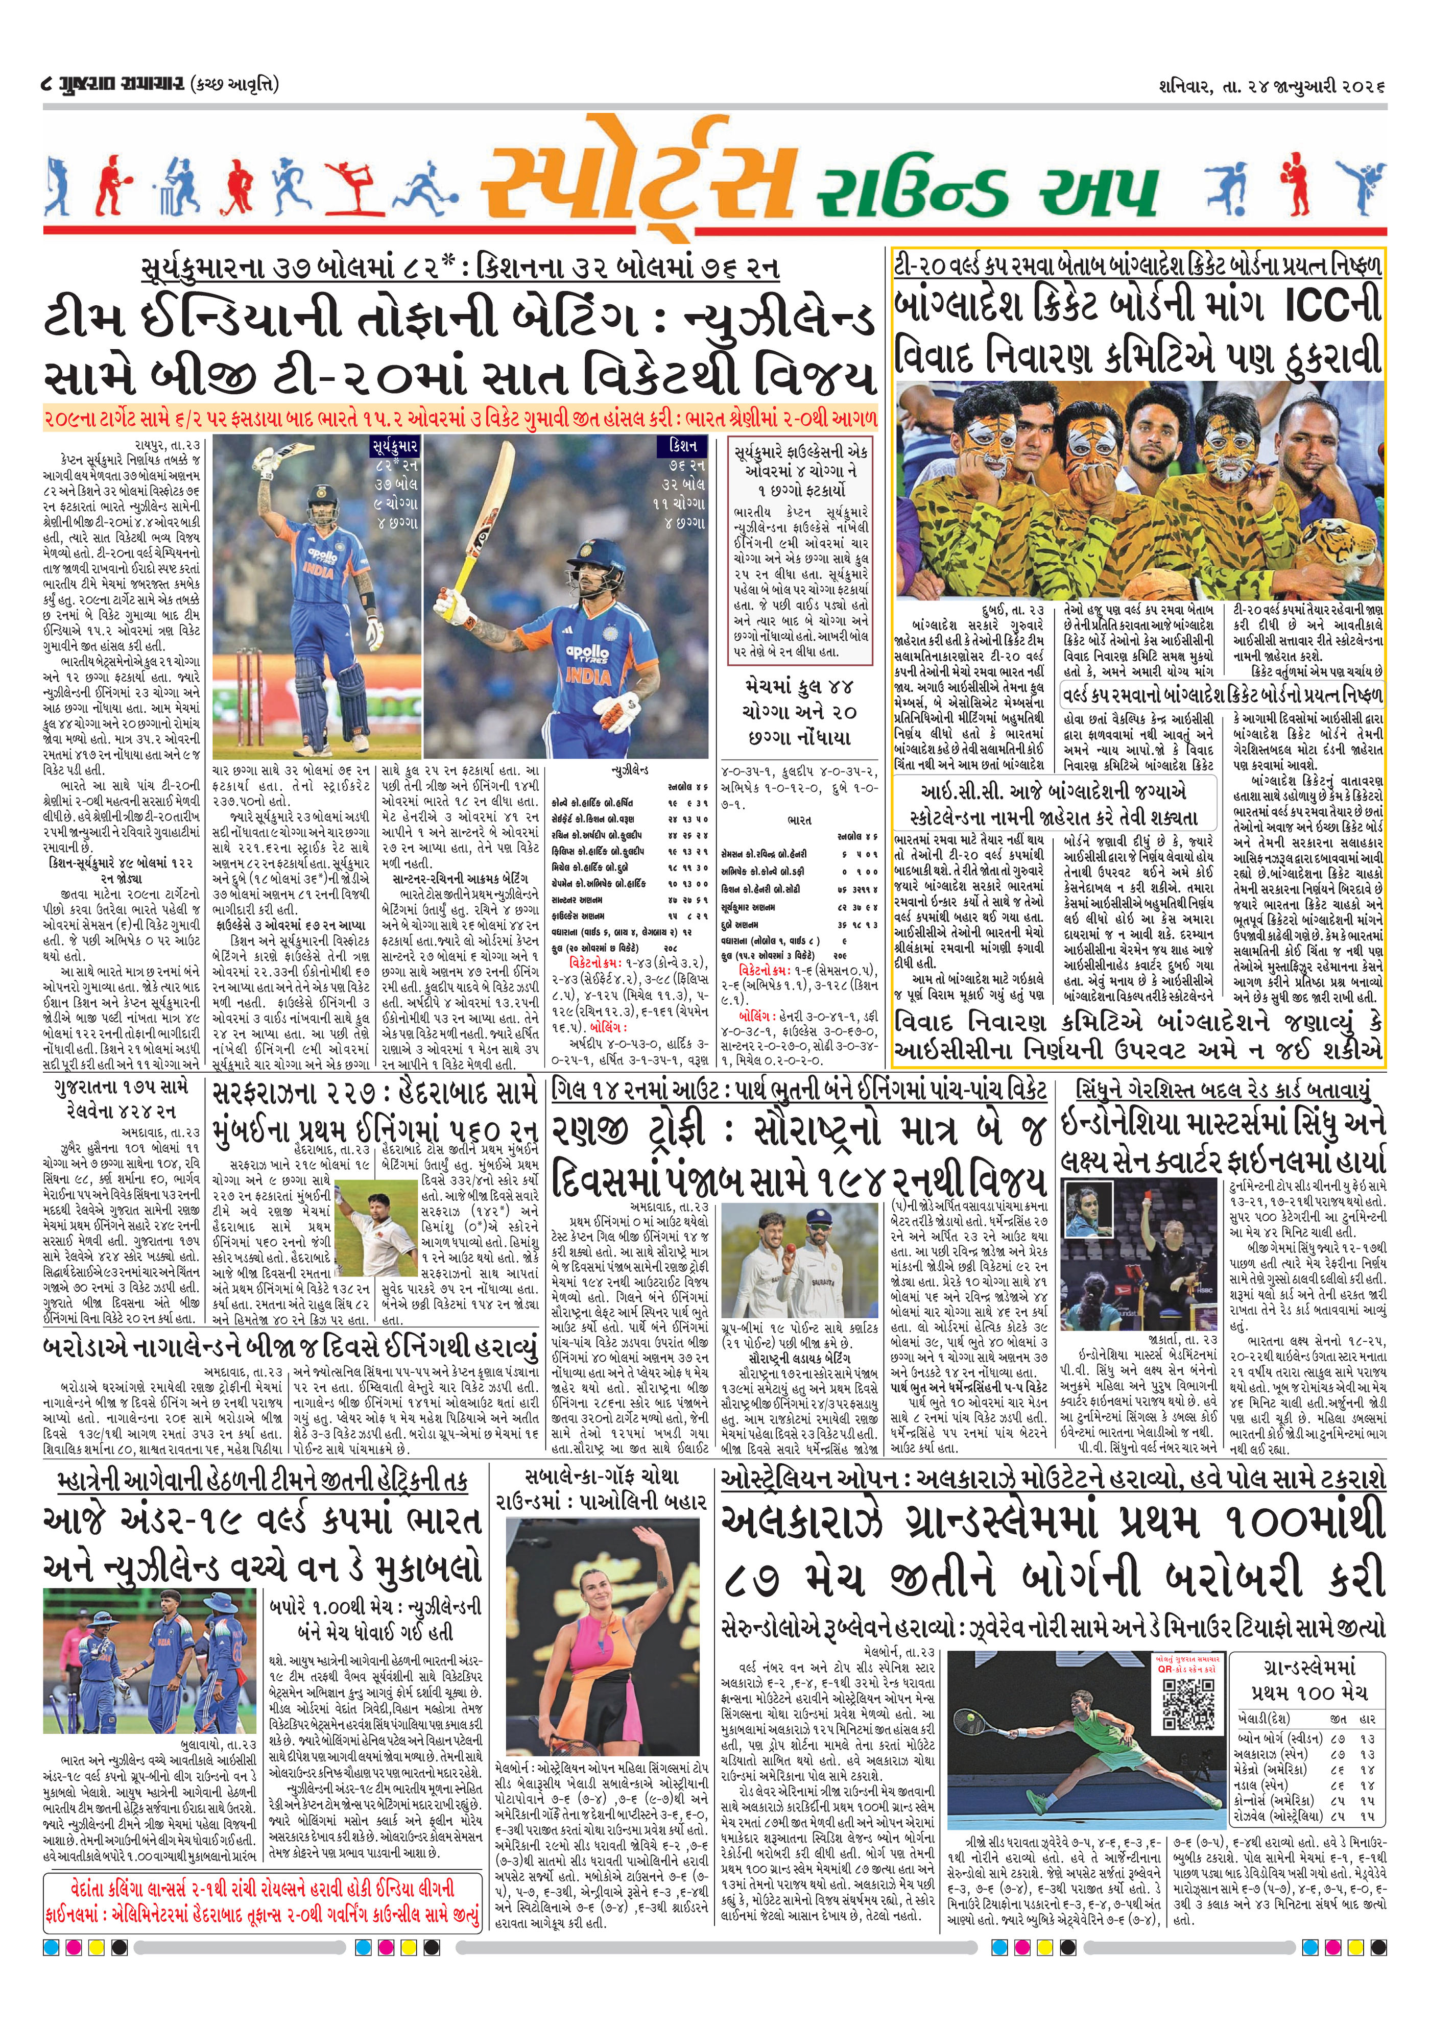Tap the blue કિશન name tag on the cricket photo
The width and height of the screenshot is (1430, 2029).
point(684,446)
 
